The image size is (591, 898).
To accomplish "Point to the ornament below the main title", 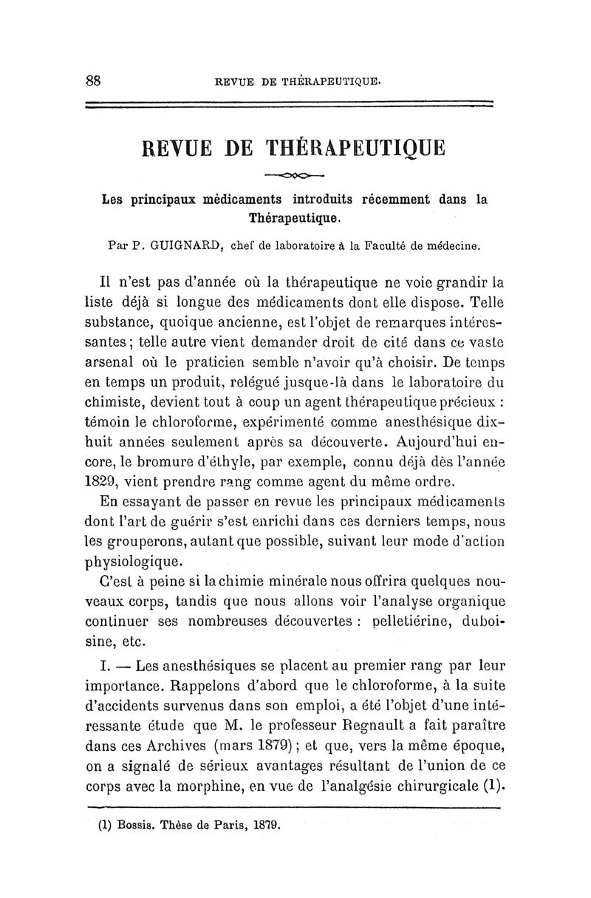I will [295, 176].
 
